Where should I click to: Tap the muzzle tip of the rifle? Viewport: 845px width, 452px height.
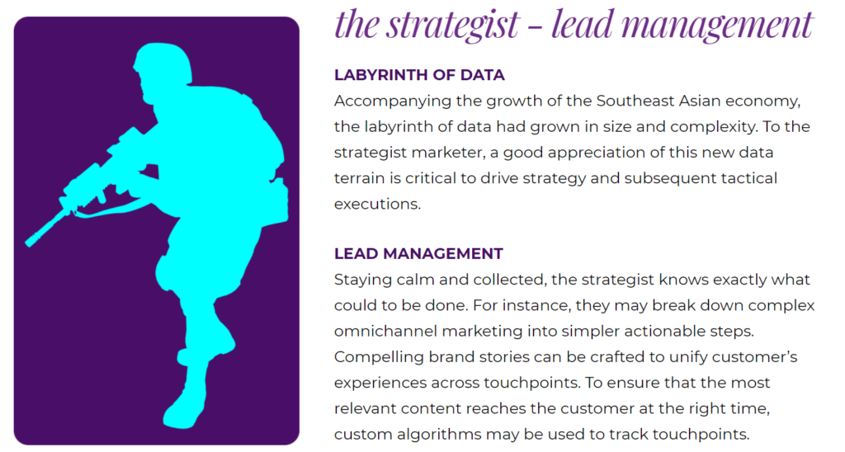pos(29,243)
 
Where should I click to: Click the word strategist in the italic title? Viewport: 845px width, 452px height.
pos(453,25)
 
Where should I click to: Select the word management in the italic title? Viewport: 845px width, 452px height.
pos(716,25)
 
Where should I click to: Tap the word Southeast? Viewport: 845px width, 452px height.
pos(630,101)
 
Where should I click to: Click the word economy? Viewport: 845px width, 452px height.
pos(762,101)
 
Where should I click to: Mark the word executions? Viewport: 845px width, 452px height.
pos(377,205)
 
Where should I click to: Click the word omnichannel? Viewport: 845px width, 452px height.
pos(386,332)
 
